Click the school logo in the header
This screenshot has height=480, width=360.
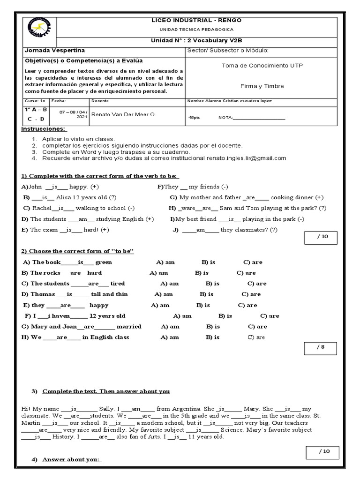pyautogui.click(x=40, y=31)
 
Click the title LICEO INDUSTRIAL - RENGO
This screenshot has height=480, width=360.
pyautogui.click(x=196, y=21)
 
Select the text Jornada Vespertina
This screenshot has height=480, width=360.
pyautogui.click(x=55, y=51)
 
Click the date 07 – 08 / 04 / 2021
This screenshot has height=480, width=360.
pyautogui.click(x=74, y=115)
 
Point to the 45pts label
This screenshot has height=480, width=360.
pyautogui.click(x=194, y=118)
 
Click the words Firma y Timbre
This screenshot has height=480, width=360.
pyautogui.click(x=262, y=86)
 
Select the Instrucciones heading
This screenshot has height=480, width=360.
pyautogui.click(x=44, y=129)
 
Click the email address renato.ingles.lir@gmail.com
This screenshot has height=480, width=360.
pyautogui.click(x=246, y=158)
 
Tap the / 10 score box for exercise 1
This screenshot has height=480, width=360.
pyautogui.click(x=321, y=237)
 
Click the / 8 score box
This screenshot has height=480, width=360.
pyautogui.click(x=321, y=348)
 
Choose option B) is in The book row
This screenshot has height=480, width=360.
pyautogui.click(x=208, y=262)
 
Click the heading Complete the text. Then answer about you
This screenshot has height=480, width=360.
pyautogui.click(x=106, y=391)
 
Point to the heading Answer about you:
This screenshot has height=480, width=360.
pyautogui.click(x=71, y=459)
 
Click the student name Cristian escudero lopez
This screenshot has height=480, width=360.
pyautogui.click(x=248, y=101)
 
